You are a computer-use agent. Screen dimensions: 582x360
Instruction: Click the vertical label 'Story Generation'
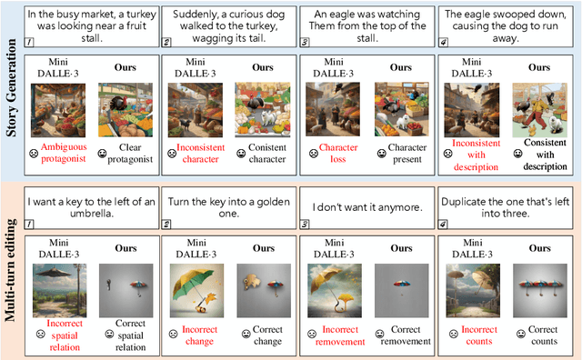click(11, 87)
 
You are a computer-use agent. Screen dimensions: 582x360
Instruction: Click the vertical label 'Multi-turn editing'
click(10, 270)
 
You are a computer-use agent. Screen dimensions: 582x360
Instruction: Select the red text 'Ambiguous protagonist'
click(64, 153)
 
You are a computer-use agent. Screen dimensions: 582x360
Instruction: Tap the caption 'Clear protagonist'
click(130, 154)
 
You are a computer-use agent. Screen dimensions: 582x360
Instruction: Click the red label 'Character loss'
click(338, 154)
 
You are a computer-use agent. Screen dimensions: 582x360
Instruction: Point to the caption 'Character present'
click(407, 154)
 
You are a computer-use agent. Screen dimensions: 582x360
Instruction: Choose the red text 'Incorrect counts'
click(479, 335)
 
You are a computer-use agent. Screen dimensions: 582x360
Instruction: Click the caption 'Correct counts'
click(544, 335)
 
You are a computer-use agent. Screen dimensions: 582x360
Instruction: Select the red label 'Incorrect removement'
click(340, 335)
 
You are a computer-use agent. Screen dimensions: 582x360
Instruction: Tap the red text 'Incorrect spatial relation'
click(65, 335)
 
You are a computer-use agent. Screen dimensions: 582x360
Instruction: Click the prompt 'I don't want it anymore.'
click(367, 207)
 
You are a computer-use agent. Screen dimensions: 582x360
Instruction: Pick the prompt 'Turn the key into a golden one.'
click(228, 207)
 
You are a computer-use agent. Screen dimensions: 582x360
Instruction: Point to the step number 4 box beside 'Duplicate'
click(443, 225)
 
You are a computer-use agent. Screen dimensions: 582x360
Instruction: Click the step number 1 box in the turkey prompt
click(29, 43)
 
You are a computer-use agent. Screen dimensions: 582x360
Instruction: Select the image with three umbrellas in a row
click(540, 291)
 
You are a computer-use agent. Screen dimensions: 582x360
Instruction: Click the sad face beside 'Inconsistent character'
click(172, 154)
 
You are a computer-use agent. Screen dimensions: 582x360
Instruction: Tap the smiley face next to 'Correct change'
click(246, 334)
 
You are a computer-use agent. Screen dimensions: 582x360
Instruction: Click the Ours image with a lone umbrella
click(402, 291)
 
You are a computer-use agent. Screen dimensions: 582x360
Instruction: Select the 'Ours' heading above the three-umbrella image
click(539, 248)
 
